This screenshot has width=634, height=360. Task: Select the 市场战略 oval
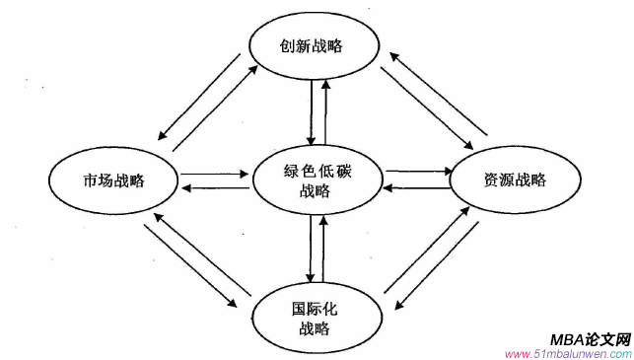pyautogui.click(x=114, y=180)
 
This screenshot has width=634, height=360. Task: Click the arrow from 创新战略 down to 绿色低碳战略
pyautogui.click(x=312, y=109)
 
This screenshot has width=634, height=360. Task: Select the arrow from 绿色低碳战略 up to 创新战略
pyautogui.click(x=325, y=109)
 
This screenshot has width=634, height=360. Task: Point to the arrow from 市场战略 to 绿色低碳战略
pyautogui.click(x=214, y=175)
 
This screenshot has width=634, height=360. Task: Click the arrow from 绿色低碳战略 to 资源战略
pyautogui.click(x=417, y=172)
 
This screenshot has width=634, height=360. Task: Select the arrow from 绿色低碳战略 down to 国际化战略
pyautogui.click(x=312, y=247)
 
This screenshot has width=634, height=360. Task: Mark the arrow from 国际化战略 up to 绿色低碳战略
pyautogui.click(x=324, y=247)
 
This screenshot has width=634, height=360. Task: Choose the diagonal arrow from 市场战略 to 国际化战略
pyautogui.click(x=191, y=266)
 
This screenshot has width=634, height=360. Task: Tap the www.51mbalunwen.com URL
pyautogui.click(x=567, y=353)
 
